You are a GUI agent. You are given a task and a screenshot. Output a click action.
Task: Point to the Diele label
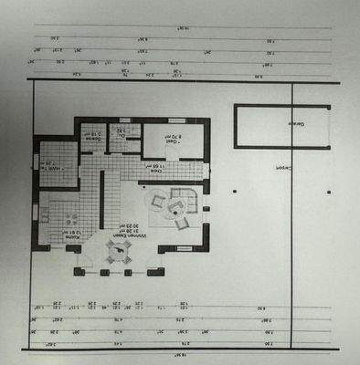[156, 172]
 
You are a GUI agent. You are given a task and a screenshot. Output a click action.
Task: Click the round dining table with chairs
[117, 252]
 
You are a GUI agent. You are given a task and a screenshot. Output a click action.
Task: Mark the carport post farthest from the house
[332, 192]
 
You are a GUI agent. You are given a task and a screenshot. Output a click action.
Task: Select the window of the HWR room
[36, 165]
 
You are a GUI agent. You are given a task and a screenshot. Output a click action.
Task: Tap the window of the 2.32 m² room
[122, 120]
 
